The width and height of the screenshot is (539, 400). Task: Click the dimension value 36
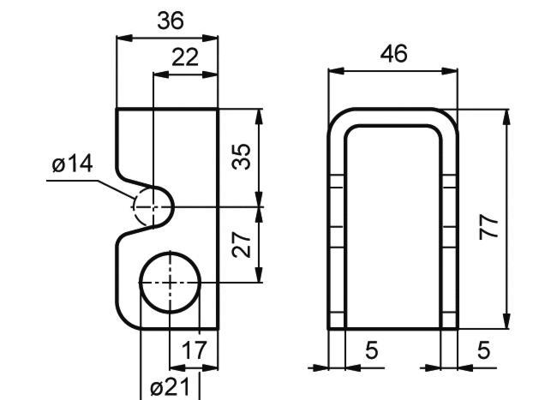coord(171,21)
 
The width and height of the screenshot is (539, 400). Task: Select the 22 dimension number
coord(185,57)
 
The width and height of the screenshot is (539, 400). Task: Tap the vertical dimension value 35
coord(242,157)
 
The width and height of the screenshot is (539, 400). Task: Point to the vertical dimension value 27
coord(242,245)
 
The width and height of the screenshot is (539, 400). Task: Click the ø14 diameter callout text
coord(72,164)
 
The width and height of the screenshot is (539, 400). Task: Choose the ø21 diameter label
coord(170,387)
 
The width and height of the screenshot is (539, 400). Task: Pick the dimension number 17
coord(194,349)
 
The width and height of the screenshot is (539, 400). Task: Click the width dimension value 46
coord(393,54)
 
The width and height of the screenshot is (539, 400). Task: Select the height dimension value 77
coord(488,226)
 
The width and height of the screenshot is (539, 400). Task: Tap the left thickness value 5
coord(371,350)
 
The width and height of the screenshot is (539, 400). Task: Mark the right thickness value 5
coord(483,350)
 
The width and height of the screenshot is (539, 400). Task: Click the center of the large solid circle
coord(170,283)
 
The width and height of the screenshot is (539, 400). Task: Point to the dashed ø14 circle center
coord(153,207)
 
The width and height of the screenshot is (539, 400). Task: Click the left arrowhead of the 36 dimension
coord(124,38)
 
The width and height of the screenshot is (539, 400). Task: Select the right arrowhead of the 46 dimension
coord(450,71)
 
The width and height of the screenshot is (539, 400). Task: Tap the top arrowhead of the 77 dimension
coord(506,116)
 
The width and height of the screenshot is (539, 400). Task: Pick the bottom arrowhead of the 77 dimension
coord(506,321)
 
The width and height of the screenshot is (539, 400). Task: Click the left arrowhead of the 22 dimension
coord(162,75)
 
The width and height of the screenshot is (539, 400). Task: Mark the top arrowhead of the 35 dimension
coord(259,116)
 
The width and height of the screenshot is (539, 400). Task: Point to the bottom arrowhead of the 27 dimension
coord(259,275)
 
